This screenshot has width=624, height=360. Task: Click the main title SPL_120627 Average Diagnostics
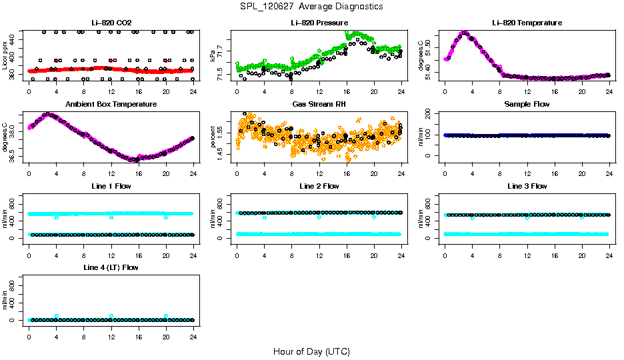(x=312, y=6)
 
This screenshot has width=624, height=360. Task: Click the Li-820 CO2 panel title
(x=111, y=23)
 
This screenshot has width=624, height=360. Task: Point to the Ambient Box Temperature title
(x=111, y=104)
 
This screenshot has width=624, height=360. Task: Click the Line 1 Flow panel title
(x=111, y=186)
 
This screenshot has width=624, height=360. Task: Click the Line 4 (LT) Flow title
(x=111, y=267)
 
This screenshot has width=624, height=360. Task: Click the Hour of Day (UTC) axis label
(x=311, y=351)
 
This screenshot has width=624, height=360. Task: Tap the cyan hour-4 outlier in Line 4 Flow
(x=57, y=316)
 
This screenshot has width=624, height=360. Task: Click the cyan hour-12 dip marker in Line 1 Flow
(x=111, y=217)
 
